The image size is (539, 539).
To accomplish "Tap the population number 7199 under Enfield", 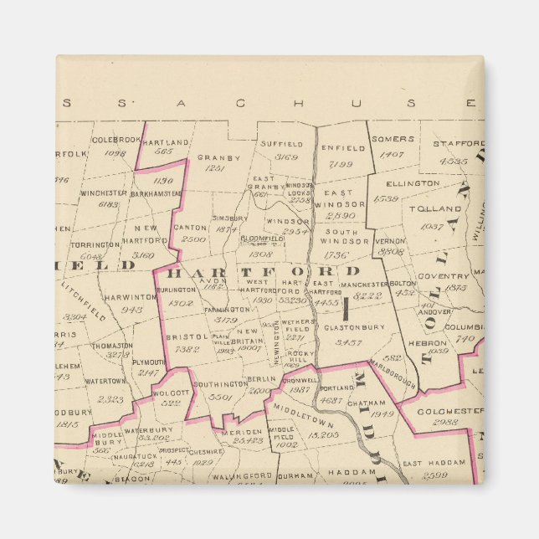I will tap(341, 164).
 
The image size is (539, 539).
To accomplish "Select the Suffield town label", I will tap(280, 144).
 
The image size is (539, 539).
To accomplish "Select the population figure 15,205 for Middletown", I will tap(322, 435).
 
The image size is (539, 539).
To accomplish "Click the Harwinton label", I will tap(131, 296).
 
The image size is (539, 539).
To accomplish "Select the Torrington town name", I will tap(95, 245).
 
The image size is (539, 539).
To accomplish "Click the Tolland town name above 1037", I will tap(437, 208).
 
